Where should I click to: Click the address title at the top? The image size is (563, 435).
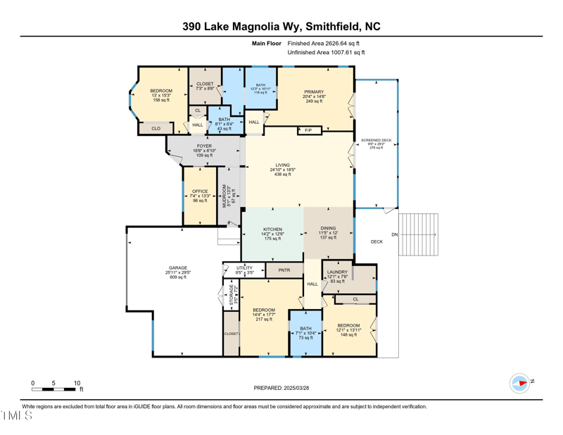tap(281, 26)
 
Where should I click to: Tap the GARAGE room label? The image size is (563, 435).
tap(177, 268)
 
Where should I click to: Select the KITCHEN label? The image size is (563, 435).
tap(273, 229)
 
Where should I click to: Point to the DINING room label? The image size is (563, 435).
tap(328, 229)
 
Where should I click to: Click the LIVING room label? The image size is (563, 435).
tap(282, 165)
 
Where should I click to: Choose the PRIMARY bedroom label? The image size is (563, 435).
tap(314, 92)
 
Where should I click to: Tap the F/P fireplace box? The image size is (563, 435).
tap(308, 130)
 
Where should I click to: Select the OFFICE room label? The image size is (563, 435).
tap(200, 191)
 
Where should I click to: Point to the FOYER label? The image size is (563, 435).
tap(204, 146)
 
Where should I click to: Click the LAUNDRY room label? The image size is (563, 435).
tap(337, 272)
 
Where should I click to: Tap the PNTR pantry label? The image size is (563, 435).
tap(284, 270)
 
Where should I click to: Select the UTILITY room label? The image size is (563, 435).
tap(244, 268)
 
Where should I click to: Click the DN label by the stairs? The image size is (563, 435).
tap(394, 234)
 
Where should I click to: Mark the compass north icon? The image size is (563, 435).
tap(519, 383)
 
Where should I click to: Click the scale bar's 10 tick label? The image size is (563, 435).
tap(77, 383)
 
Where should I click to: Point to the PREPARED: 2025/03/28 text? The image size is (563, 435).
tap(281, 388)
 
